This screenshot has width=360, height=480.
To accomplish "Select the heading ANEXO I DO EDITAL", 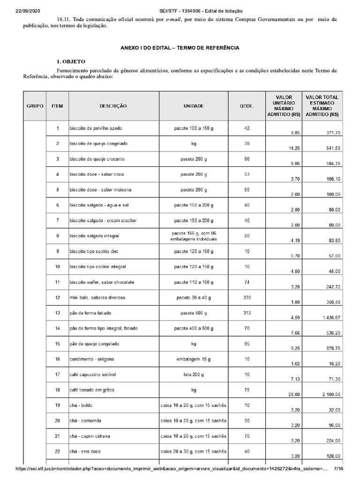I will click(180, 48).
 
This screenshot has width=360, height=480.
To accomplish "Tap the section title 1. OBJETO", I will click(71, 62).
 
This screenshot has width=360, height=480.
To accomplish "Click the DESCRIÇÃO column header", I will click(113, 106).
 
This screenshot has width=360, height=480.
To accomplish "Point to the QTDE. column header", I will click(247, 106).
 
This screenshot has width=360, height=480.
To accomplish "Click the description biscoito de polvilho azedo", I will click(96, 128).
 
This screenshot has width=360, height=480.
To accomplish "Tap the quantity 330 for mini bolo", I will click(247, 297).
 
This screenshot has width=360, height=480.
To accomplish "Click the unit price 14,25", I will click(294, 148).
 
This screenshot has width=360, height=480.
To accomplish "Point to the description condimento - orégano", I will click(93, 359).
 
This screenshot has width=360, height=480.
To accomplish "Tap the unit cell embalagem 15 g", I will click(194, 359).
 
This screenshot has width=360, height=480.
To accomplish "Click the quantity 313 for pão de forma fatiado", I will click(247, 313).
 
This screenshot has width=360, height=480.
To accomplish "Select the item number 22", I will click(57, 451).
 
